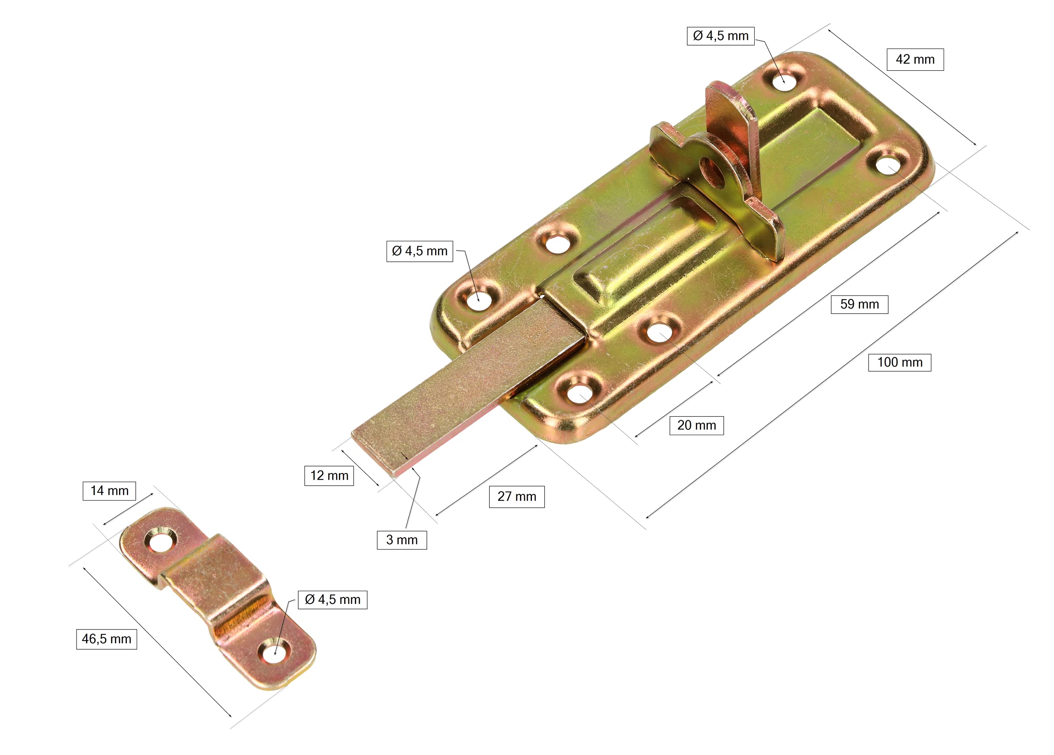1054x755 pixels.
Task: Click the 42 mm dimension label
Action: (915, 59)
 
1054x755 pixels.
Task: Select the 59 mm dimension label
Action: (859, 304)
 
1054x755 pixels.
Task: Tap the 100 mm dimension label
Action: (900, 362)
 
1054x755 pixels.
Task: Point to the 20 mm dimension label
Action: (697, 425)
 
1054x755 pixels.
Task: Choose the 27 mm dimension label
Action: (517, 496)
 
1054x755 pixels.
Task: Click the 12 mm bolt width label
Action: (329, 476)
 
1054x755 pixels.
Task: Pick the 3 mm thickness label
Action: (402, 540)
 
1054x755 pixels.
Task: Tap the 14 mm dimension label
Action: (109, 491)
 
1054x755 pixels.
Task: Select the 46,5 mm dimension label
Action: (106, 639)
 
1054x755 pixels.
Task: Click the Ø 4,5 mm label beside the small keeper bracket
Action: (333, 600)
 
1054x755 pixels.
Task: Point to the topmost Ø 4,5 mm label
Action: (721, 36)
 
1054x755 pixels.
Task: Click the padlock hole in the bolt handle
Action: (712, 171)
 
